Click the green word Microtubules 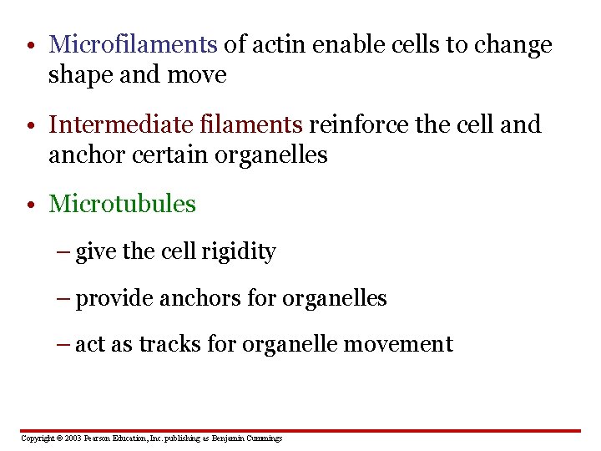coord(122,204)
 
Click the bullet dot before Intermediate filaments coord(30,126)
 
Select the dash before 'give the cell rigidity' coord(65,252)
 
